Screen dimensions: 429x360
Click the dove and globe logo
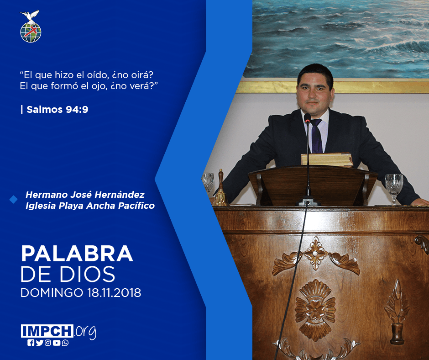point(31,26)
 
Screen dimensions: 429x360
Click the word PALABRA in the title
point(77,254)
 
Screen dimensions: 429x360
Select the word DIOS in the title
point(88,274)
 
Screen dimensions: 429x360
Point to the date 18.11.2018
point(115,293)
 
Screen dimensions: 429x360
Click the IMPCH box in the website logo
point(47,331)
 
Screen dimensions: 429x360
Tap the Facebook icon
point(31,343)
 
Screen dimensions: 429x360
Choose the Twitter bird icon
point(39,343)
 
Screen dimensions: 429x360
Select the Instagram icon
point(48,343)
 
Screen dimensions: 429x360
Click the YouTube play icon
point(57,343)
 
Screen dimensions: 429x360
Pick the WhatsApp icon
point(65,343)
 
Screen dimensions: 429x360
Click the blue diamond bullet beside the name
point(13,200)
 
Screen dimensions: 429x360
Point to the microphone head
point(307,118)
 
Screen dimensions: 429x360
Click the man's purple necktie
point(317,135)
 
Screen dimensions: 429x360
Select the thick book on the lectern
point(327,160)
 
